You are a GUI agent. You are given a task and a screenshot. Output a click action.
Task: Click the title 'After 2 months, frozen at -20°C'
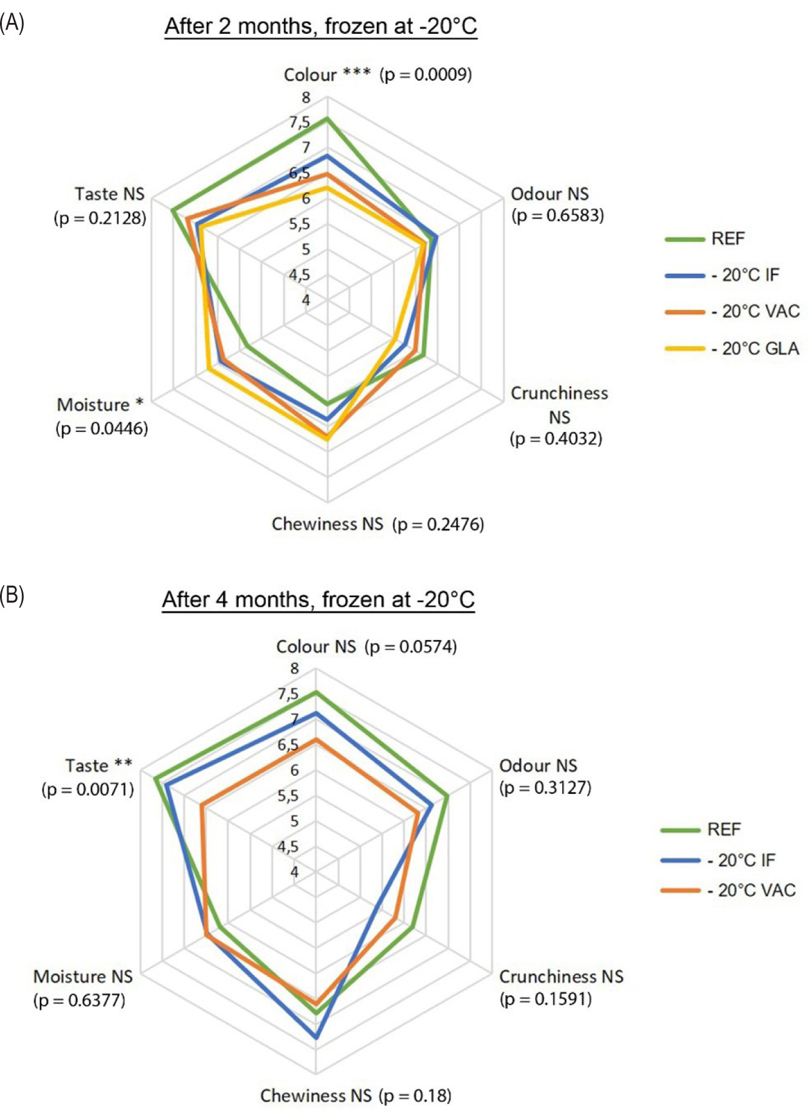click(x=321, y=27)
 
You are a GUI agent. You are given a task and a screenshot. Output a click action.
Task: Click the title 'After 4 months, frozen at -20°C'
click(x=318, y=600)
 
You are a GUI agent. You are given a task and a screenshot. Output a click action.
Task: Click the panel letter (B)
click(x=12, y=595)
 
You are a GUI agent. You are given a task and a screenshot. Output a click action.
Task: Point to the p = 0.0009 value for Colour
click(x=426, y=75)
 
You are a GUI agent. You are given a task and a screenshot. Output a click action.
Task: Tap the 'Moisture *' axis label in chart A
click(x=100, y=404)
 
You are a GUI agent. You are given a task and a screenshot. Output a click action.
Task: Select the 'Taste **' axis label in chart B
click(x=99, y=766)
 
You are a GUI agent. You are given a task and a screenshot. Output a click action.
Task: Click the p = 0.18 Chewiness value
click(x=416, y=1095)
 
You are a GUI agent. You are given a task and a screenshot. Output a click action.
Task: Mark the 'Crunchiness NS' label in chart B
click(x=562, y=977)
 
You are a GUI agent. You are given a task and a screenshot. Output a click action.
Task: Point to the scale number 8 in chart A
click(x=306, y=97)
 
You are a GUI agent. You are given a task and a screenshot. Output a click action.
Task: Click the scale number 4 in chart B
click(x=294, y=872)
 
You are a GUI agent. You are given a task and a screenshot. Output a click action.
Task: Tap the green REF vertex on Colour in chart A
click(x=327, y=118)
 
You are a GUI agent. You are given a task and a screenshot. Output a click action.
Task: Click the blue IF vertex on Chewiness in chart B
click(x=316, y=1038)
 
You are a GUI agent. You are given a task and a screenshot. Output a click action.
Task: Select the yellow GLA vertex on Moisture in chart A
click(x=208, y=369)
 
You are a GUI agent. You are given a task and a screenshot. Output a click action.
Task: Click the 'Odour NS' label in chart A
click(x=549, y=194)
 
